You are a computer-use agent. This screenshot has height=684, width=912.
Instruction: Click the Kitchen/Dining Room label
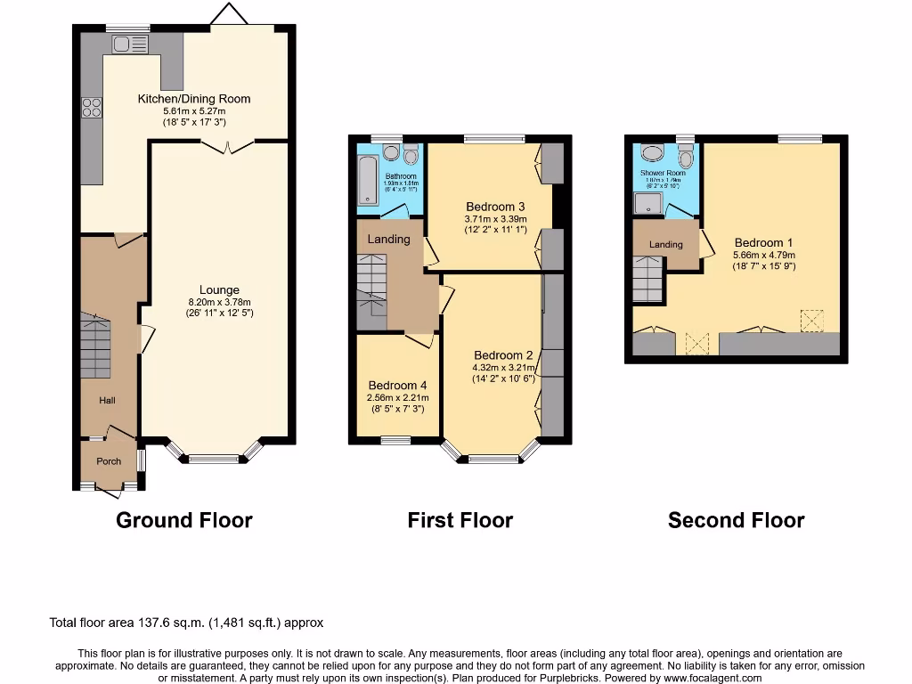(x=193, y=99)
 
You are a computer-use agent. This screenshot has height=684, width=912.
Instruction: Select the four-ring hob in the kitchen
(x=91, y=107)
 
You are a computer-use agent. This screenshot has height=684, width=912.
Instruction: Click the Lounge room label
(x=219, y=289)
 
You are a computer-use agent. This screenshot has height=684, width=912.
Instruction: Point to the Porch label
(x=109, y=461)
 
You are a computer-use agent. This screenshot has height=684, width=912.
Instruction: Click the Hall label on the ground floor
(x=107, y=401)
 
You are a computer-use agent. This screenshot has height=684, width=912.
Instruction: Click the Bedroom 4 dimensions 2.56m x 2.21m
(x=398, y=397)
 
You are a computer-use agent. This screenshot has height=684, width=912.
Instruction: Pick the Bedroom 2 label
(x=503, y=354)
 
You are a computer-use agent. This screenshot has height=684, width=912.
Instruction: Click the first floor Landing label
(x=389, y=239)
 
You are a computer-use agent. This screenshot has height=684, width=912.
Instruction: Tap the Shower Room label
(x=664, y=173)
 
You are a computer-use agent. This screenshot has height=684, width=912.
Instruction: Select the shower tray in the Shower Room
(x=648, y=204)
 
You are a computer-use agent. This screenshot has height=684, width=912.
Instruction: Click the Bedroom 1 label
(x=763, y=242)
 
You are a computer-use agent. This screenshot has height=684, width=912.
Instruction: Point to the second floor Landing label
(x=665, y=244)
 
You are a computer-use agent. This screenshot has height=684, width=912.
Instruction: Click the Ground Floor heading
(x=184, y=520)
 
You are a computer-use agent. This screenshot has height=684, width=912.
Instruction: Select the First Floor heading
(x=460, y=520)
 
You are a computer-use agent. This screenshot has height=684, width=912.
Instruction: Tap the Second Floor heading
(x=736, y=520)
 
